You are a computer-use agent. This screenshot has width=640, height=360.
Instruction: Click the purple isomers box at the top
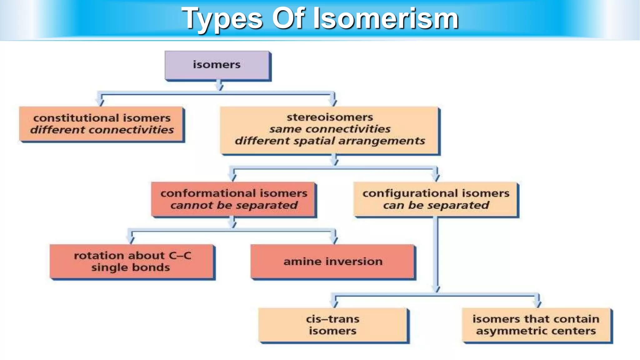pos(217,65)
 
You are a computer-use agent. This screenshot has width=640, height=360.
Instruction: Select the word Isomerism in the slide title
pos(386,19)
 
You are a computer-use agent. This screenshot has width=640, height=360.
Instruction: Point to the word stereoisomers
pos(330,117)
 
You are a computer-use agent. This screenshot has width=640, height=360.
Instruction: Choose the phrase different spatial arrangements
pos(330,141)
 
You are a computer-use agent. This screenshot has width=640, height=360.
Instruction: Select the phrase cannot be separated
pos(234,205)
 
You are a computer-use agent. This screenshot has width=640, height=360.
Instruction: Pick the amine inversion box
pos(333,262)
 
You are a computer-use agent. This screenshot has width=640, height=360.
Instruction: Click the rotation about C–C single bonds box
pos(132,262)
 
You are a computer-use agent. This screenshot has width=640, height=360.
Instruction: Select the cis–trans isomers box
pos(333,325)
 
